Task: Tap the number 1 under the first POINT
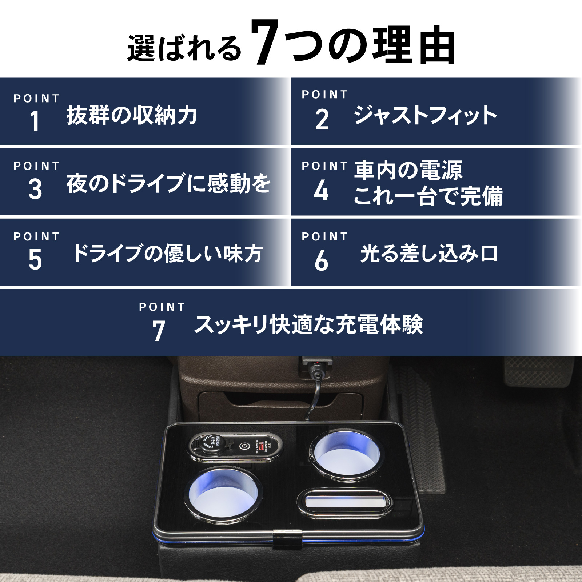[35, 121]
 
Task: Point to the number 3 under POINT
[35, 189]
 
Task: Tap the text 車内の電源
[408, 170]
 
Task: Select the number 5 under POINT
[35, 260]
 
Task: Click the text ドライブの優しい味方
[167, 253]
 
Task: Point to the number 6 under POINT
[322, 260]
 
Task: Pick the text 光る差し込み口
[429, 254]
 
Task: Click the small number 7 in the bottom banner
[159, 331]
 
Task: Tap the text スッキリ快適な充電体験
[308, 324]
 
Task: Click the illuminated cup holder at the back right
[346, 454]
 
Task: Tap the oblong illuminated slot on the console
[344, 503]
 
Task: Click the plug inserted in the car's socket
[316, 367]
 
